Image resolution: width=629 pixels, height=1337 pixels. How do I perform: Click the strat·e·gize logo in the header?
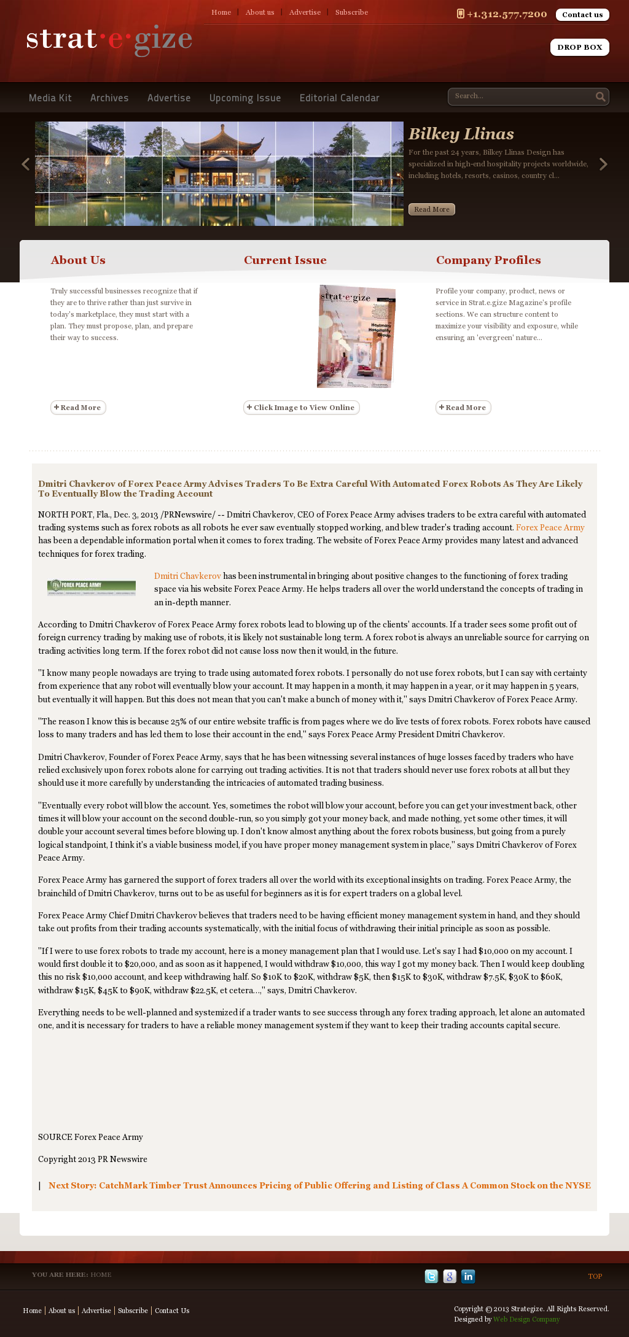(109, 40)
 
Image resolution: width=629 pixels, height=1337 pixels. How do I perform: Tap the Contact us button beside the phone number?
(582, 15)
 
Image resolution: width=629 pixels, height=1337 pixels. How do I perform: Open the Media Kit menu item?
(50, 98)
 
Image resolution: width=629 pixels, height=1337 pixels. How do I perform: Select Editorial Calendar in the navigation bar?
(339, 98)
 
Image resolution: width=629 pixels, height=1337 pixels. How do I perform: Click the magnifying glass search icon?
(600, 96)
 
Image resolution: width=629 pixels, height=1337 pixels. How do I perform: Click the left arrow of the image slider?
(26, 164)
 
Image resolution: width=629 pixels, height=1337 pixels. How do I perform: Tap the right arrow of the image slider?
(603, 164)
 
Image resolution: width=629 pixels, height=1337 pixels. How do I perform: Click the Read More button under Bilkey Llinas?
(431, 209)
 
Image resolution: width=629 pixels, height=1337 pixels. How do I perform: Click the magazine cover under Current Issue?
(356, 336)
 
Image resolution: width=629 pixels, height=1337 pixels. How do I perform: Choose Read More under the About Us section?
(78, 408)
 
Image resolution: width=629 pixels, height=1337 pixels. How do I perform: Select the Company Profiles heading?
(488, 260)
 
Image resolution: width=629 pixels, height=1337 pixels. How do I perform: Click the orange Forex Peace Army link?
(550, 527)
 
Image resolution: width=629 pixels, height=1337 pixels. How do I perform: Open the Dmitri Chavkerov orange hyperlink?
(187, 576)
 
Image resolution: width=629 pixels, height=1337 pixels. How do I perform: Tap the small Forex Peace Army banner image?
(92, 587)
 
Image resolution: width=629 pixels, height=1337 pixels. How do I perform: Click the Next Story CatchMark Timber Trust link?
(319, 1185)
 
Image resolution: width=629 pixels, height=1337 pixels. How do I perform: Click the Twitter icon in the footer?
(431, 1276)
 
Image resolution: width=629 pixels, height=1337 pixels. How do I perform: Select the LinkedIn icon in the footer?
(468, 1276)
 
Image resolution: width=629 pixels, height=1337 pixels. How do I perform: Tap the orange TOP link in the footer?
(595, 1276)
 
